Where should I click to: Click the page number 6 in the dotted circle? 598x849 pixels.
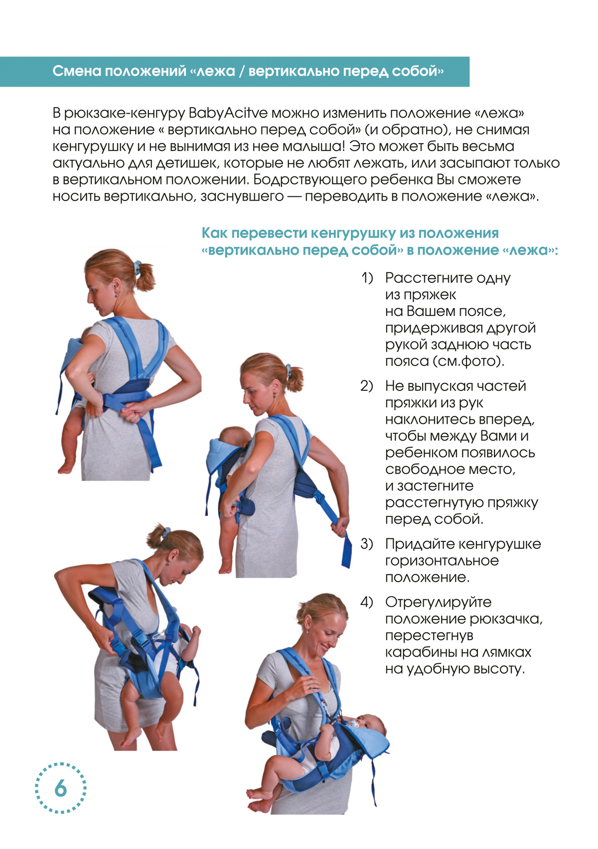(60, 788)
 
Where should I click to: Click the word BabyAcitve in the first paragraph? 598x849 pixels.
(227, 113)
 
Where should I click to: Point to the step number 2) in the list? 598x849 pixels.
(367, 386)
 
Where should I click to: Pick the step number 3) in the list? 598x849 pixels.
(367, 544)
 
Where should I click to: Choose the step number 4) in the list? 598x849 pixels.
(367, 602)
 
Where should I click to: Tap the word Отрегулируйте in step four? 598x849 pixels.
(438, 602)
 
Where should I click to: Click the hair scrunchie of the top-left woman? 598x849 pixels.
(137, 267)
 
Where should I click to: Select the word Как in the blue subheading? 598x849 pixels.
(214, 233)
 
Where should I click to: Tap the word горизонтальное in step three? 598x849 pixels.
(442, 561)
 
